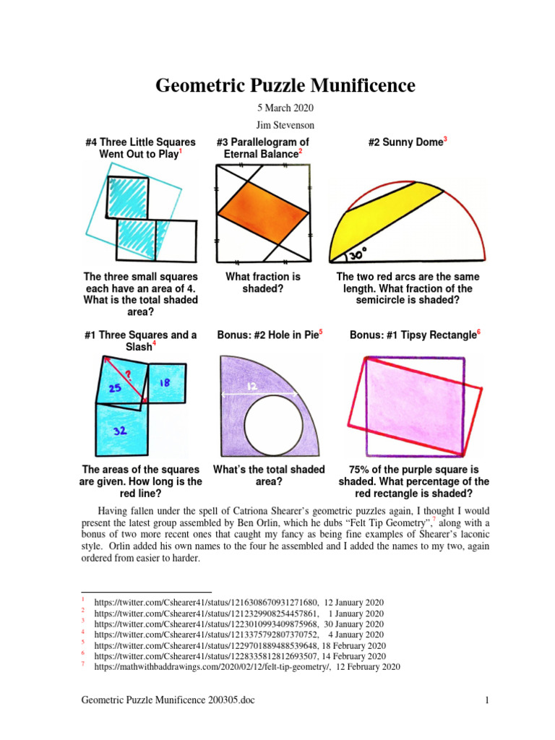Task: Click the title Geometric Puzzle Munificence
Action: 285,86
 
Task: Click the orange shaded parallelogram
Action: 264,213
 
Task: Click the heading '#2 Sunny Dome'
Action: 408,142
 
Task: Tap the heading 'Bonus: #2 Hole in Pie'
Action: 270,335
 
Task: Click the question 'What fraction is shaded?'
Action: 263,283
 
